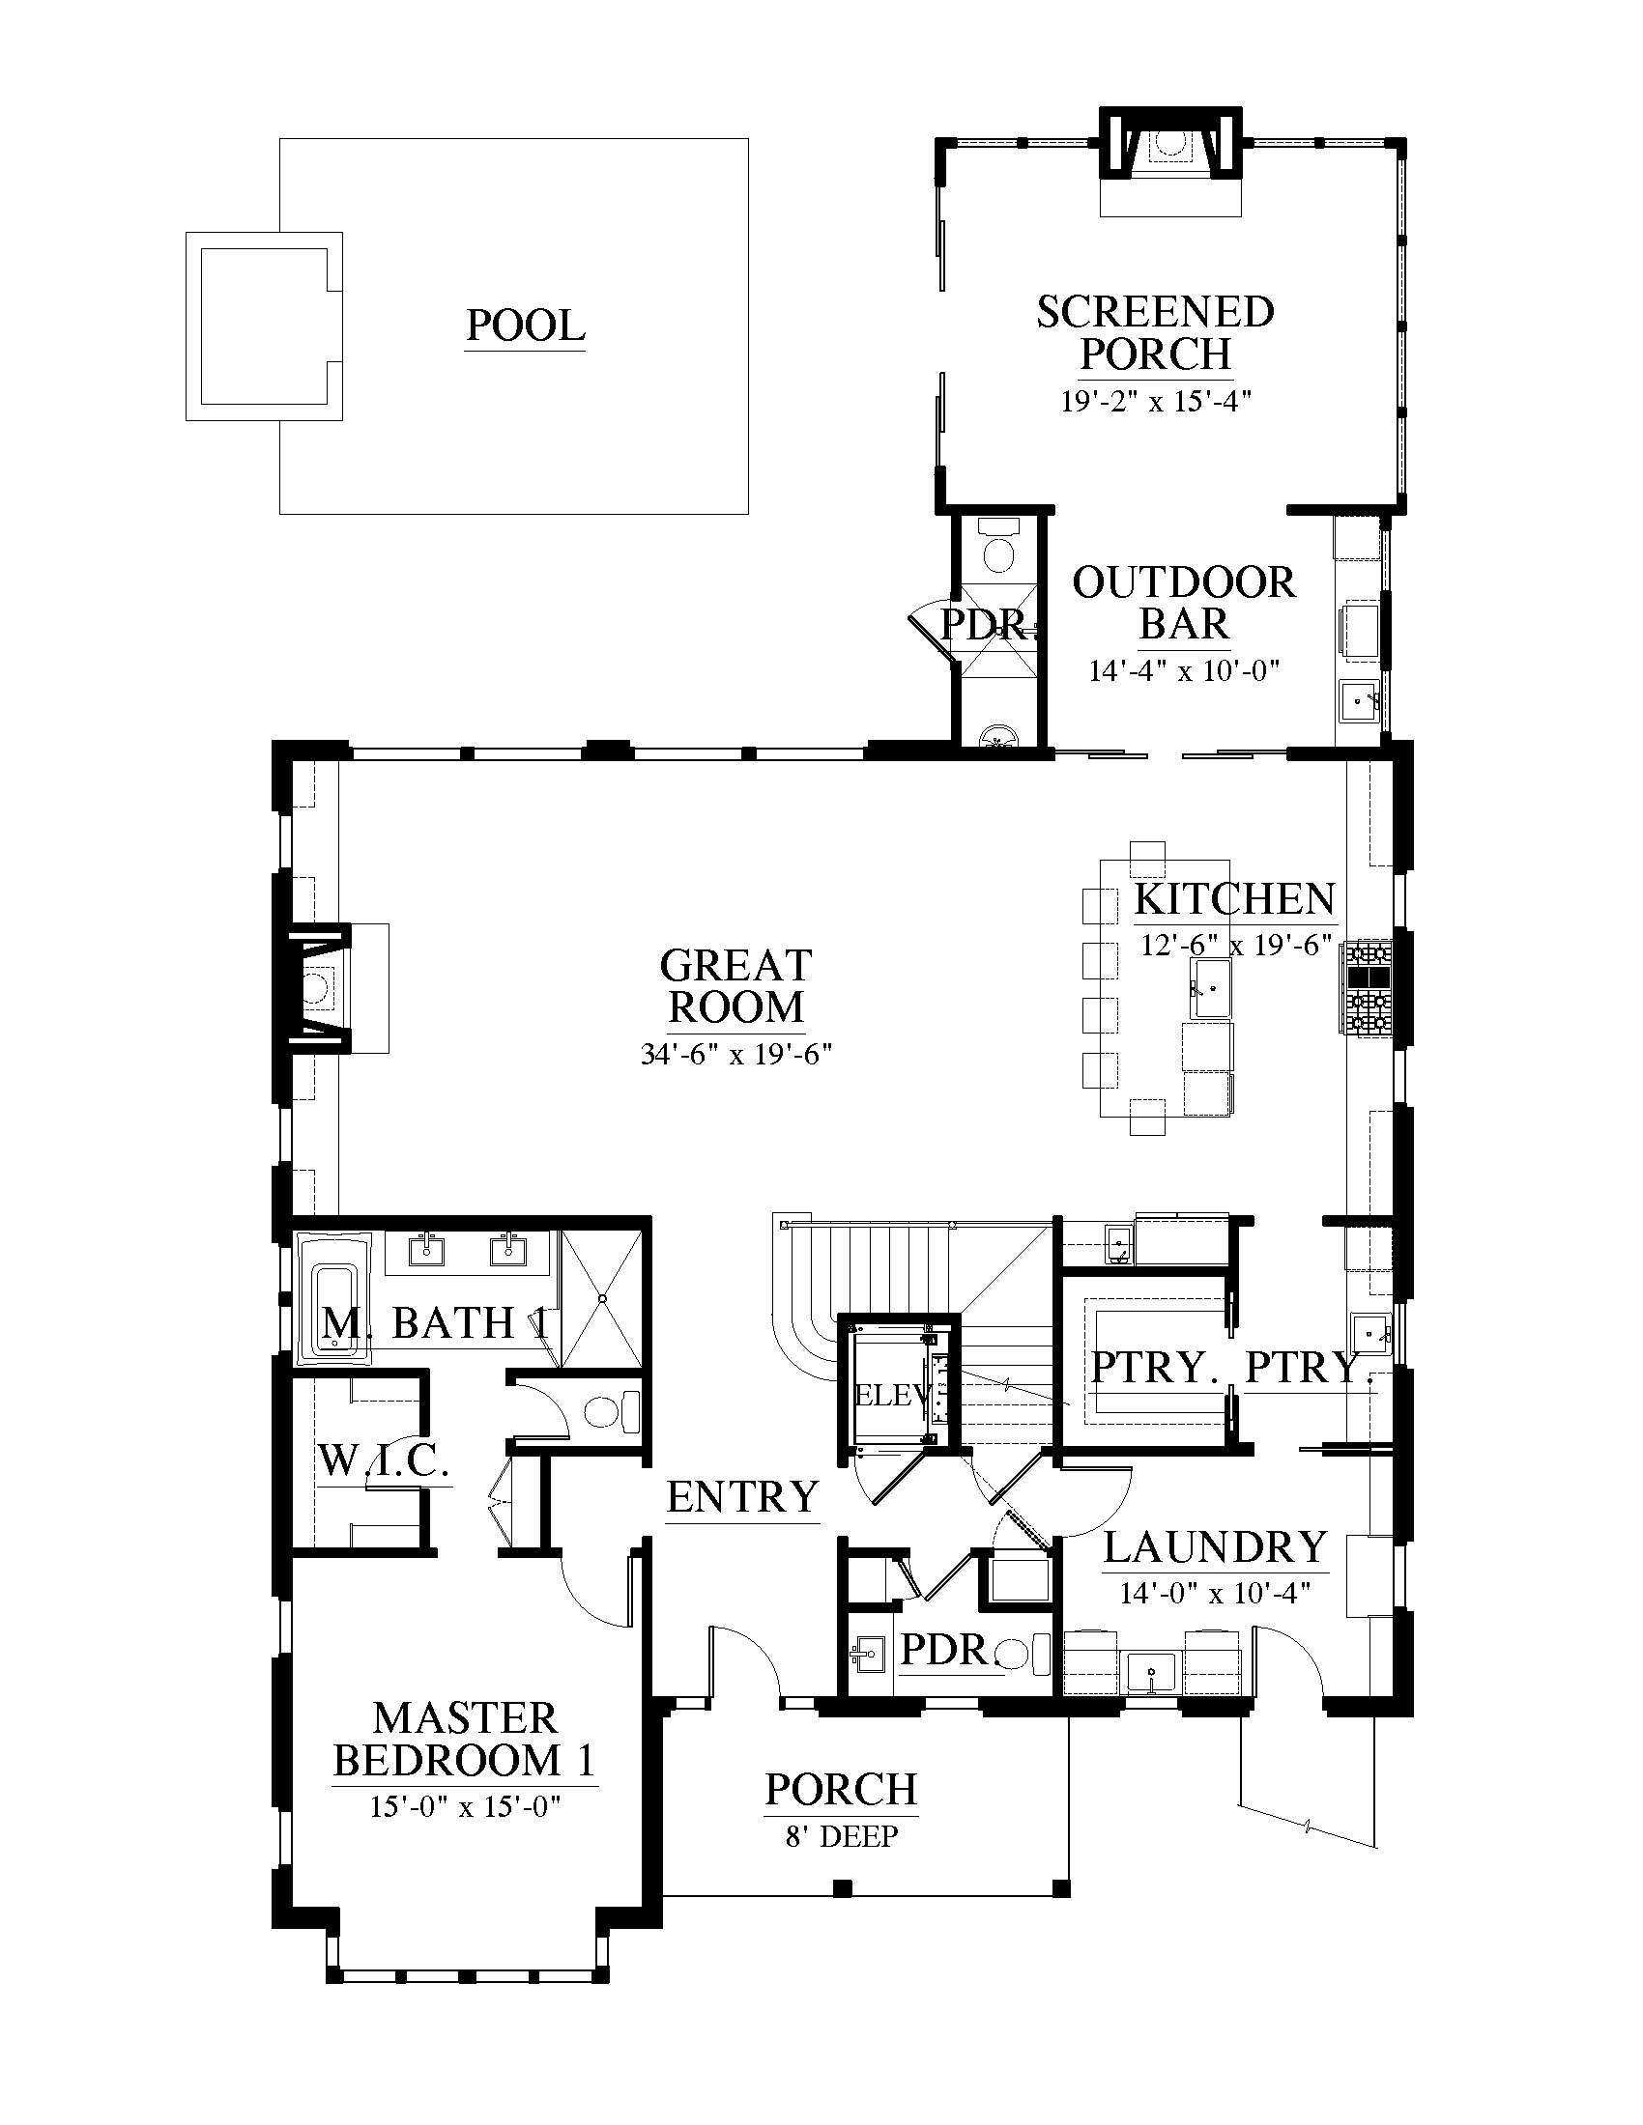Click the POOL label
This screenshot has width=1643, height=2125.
click(x=526, y=325)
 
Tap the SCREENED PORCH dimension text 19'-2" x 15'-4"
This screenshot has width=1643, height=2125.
click(x=1155, y=401)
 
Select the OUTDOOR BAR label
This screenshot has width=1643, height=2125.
click(x=1184, y=604)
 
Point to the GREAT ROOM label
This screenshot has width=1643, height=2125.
click(x=735, y=986)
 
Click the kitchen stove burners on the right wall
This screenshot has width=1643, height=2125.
click(x=1368, y=986)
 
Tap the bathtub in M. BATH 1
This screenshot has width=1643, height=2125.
click(x=333, y=1300)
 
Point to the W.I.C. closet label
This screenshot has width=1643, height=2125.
click(x=384, y=1460)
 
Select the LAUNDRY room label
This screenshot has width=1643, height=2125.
click(x=1216, y=1547)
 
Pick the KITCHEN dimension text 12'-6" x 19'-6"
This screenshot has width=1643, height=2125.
click(x=1236, y=945)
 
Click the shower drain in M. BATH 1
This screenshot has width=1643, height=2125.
click(x=603, y=1298)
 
